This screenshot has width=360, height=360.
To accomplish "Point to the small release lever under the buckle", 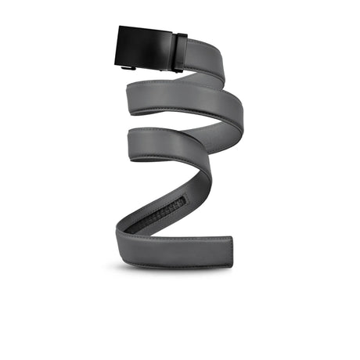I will click(x=129, y=69).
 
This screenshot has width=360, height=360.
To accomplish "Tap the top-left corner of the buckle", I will click(x=121, y=28).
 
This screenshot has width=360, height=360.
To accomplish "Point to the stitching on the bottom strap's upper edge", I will click(x=188, y=236).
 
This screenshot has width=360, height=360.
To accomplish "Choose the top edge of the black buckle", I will click(x=147, y=29).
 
